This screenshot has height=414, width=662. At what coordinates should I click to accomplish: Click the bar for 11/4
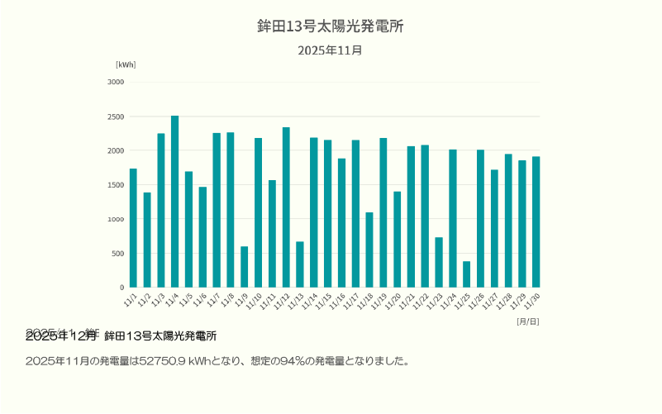coord(174,202)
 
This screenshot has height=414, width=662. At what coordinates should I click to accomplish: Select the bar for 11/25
coord(466,274)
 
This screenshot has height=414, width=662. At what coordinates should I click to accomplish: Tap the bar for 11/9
coord(244,267)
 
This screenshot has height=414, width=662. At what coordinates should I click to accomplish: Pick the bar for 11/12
coord(286,207)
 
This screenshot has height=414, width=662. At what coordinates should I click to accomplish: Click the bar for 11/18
coord(369,250)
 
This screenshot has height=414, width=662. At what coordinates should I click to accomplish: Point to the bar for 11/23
coord(439,262)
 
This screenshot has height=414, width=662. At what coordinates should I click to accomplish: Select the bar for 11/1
coord(133,228)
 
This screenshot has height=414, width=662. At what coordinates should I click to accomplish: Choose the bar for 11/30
coord(536,221)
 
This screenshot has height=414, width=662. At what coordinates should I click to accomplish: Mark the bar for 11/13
coord(300,264)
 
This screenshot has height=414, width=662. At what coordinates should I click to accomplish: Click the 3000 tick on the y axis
coord(116,82)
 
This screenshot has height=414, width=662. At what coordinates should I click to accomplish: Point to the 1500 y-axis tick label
coord(116,185)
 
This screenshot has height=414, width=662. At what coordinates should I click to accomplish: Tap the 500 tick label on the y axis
coord(117,254)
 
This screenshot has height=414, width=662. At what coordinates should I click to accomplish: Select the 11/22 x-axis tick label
coord(423,298)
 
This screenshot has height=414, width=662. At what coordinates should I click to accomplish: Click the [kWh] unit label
coord(126,64)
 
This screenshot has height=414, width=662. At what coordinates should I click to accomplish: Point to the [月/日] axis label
coord(527,321)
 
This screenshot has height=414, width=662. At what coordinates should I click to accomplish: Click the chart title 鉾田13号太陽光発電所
coord(331,26)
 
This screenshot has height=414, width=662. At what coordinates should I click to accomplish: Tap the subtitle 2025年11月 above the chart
coord(331,50)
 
